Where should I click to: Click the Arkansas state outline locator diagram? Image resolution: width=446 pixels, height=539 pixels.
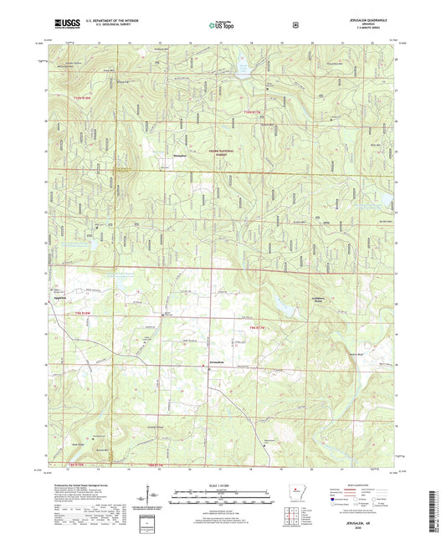294,490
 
